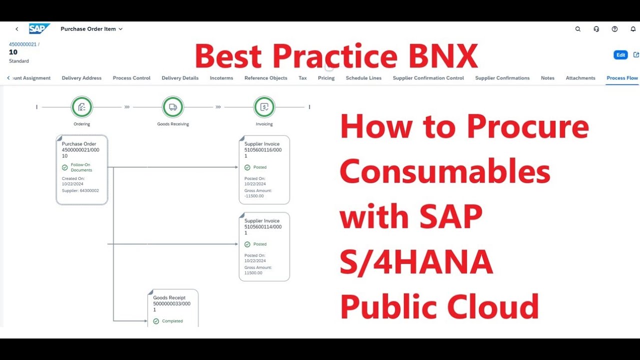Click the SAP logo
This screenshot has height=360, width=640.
38,29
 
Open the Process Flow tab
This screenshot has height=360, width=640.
622,78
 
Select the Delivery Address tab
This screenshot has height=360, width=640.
81,78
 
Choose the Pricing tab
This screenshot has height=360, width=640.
326,78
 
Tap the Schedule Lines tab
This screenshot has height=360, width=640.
363,78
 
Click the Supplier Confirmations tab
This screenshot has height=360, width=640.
502,78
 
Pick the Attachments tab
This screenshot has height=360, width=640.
580,78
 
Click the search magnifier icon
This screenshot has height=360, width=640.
578,29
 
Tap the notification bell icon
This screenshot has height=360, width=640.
633,29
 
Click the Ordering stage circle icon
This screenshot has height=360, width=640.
82,107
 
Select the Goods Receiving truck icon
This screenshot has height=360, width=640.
173,107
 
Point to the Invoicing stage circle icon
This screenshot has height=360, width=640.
264,107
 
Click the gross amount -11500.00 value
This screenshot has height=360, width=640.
254,196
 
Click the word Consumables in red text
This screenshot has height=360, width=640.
444,172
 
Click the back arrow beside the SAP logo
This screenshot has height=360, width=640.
17,29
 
